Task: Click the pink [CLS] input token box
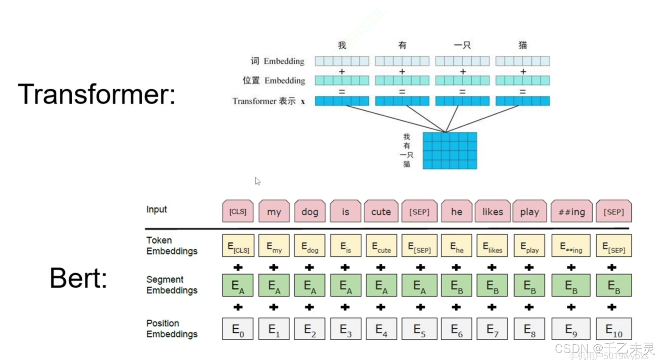click(x=238, y=212)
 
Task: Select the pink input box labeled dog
click(x=310, y=212)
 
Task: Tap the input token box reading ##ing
click(x=571, y=212)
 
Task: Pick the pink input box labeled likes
click(x=492, y=212)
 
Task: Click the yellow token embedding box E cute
click(x=381, y=246)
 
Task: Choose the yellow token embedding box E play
click(x=529, y=246)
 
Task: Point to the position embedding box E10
click(x=614, y=329)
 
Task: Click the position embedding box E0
click(x=238, y=329)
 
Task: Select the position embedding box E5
click(x=419, y=329)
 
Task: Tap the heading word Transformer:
click(x=96, y=94)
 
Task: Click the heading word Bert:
click(x=78, y=278)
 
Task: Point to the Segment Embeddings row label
click(x=172, y=285)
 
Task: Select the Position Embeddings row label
click(x=172, y=329)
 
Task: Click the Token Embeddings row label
click(x=172, y=245)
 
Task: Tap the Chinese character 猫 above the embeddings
click(x=523, y=45)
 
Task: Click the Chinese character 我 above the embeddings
click(x=342, y=45)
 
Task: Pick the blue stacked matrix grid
click(x=450, y=151)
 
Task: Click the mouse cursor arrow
click(x=257, y=181)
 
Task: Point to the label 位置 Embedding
click(x=274, y=80)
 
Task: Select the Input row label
click(x=156, y=210)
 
